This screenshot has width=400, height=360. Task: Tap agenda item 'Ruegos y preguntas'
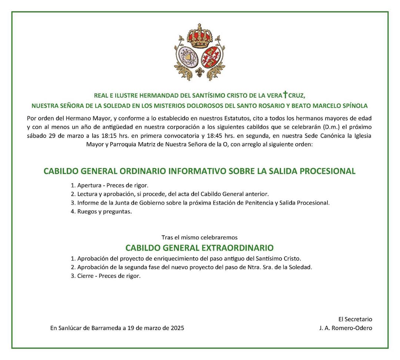[x=104, y=212]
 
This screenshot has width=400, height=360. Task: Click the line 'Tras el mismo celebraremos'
[x=199, y=237]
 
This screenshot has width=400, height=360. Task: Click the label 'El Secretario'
[x=355, y=319]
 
